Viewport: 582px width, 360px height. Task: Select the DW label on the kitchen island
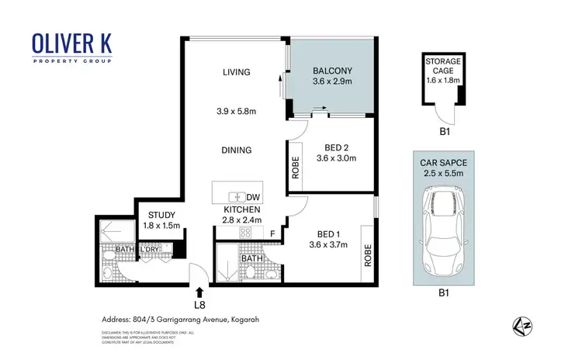253,197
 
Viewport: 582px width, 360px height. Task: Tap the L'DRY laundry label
149,249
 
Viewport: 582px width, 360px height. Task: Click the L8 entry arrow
200,292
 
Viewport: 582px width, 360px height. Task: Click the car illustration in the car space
445,230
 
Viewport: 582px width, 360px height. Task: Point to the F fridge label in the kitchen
272,233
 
